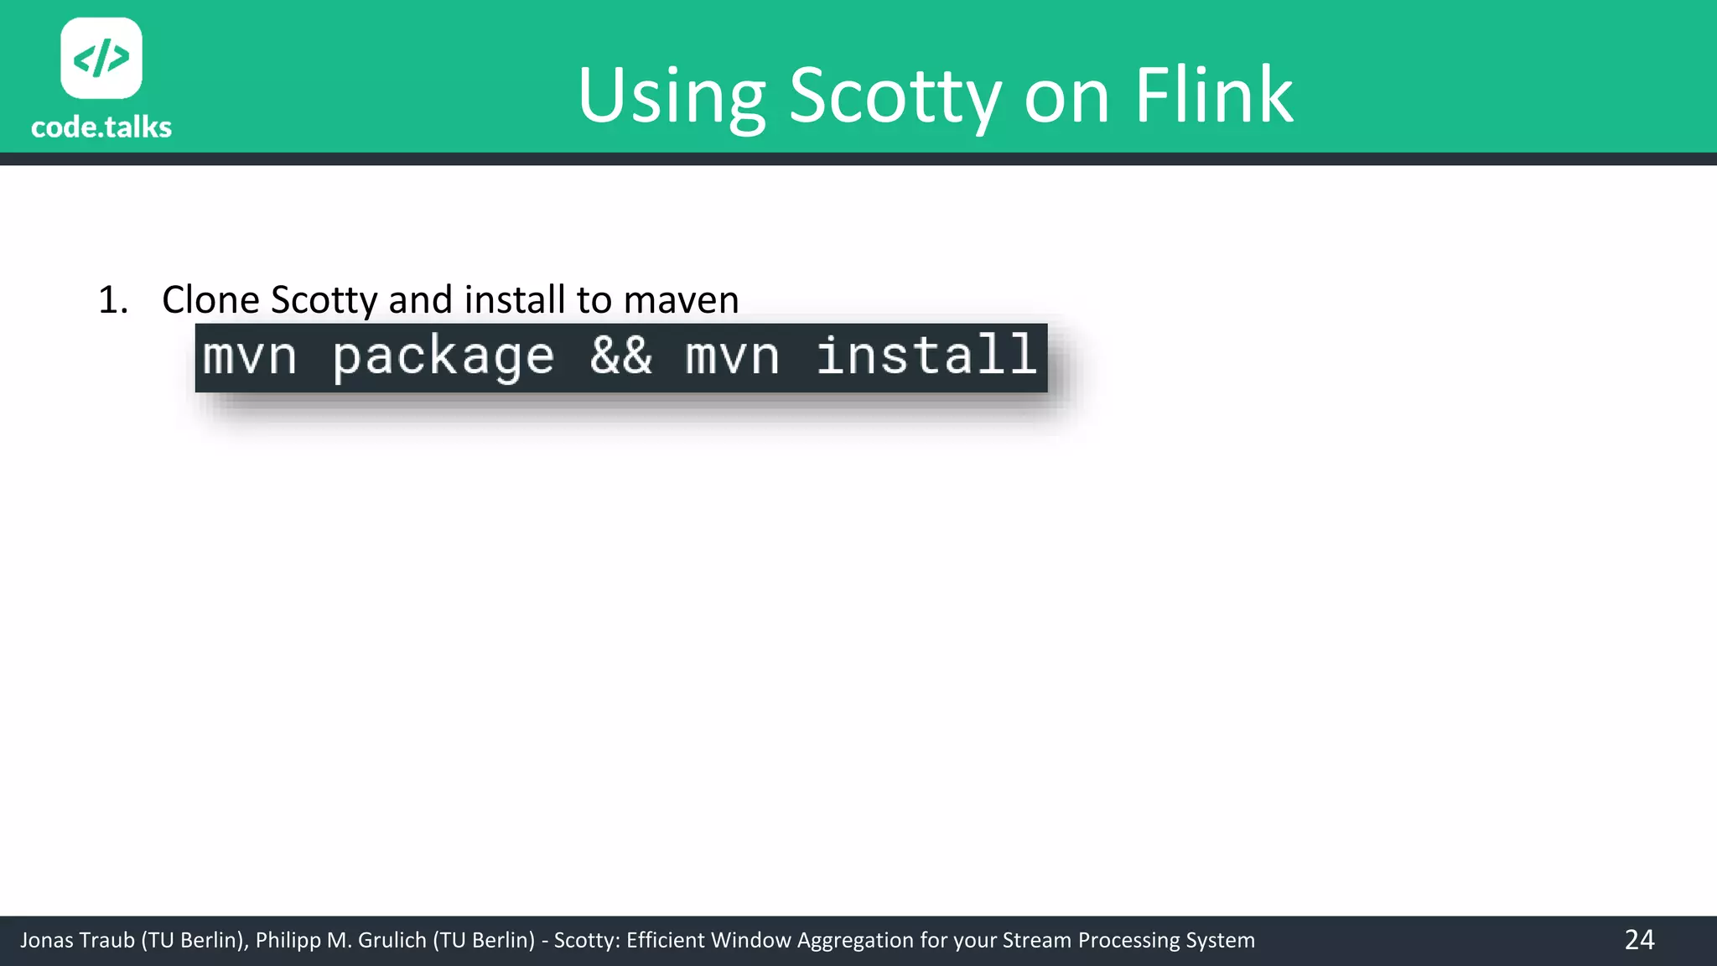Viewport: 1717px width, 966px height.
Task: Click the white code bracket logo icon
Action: (x=101, y=58)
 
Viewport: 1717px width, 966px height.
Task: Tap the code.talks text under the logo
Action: (x=101, y=127)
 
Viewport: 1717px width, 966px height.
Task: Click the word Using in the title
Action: (x=671, y=96)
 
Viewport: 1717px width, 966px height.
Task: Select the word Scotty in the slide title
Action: (x=895, y=96)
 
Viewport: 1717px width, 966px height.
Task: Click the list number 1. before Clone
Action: (x=113, y=300)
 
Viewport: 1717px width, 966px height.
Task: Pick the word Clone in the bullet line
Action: (x=210, y=300)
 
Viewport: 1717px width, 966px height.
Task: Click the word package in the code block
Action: (x=444, y=357)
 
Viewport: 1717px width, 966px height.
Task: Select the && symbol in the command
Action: (x=620, y=356)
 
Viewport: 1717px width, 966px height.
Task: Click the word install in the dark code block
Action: (x=926, y=356)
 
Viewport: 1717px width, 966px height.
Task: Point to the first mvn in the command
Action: (x=250, y=357)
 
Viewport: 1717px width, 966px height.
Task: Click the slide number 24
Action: (x=1639, y=940)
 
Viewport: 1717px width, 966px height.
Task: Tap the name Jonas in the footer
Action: (x=47, y=941)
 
